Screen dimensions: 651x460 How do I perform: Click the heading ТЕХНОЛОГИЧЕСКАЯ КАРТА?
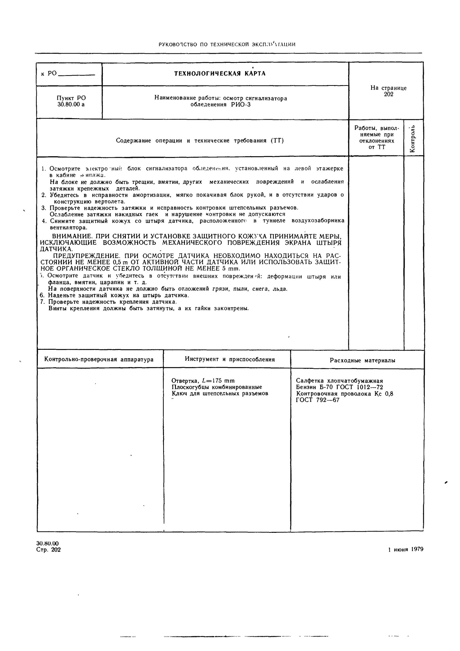coord(220,74)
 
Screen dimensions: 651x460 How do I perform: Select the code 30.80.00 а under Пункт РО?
coord(71,104)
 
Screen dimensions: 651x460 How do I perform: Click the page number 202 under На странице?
coord(389,94)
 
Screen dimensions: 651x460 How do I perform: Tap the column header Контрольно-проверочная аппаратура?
coord(99,360)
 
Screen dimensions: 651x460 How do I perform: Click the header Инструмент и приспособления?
coord(230,359)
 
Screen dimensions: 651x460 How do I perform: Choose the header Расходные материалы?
coord(362,360)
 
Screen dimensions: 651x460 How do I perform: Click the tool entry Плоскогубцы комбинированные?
coord(217,387)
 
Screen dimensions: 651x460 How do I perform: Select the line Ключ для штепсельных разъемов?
coord(220,394)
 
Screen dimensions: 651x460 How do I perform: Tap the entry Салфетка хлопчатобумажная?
coord(339,381)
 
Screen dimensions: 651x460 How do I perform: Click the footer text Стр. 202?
coord(49,550)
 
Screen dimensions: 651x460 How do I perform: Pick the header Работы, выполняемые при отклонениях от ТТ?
coord(376,137)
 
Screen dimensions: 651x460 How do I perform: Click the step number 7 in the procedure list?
coord(42,302)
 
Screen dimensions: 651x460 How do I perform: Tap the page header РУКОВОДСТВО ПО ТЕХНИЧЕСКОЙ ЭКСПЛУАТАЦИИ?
coord(227,45)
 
